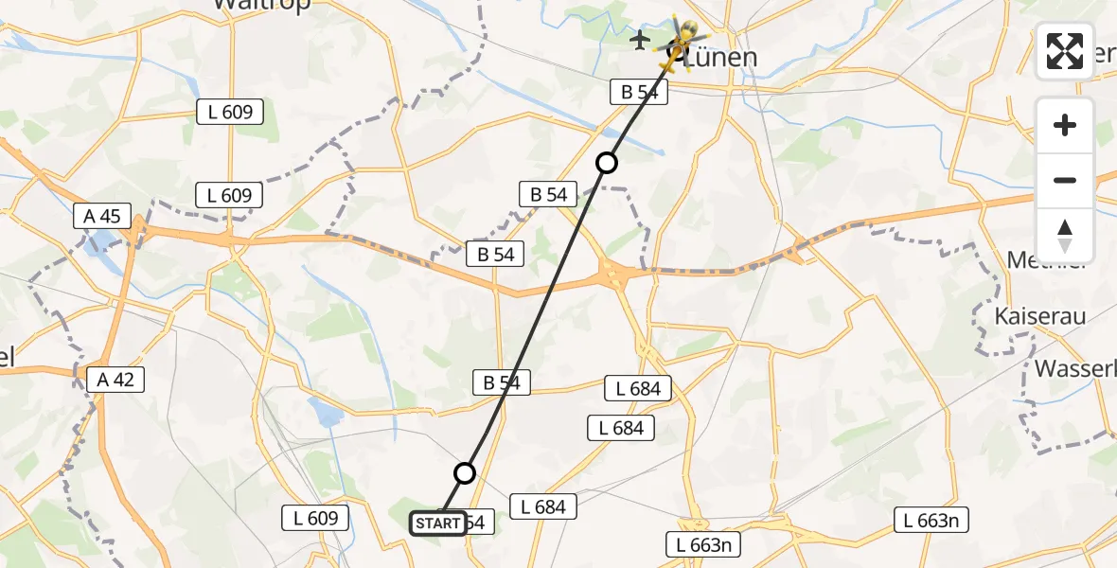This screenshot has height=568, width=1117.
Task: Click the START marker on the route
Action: tap(437, 523)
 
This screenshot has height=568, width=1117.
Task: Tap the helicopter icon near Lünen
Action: tap(680, 43)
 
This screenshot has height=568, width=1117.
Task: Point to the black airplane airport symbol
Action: tap(641, 40)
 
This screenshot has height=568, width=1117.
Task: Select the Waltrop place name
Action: tap(250, 4)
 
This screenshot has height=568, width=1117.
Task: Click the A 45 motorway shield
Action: tap(102, 216)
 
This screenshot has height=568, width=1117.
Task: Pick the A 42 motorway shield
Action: tap(116, 380)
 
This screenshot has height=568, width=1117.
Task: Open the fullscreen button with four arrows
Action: tap(1065, 51)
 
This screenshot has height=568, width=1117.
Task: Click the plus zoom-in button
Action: tap(1065, 125)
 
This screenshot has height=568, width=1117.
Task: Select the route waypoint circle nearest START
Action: tap(465, 472)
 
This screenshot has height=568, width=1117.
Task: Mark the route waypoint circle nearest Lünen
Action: tap(607, 163)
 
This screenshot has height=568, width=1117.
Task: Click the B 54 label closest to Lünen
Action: tap(639, 92)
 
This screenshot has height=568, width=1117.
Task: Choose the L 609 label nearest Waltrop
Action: tap(230, 112)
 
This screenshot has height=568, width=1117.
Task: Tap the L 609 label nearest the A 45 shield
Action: tap(230, 196)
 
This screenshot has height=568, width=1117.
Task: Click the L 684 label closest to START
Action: tap(543, 506)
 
